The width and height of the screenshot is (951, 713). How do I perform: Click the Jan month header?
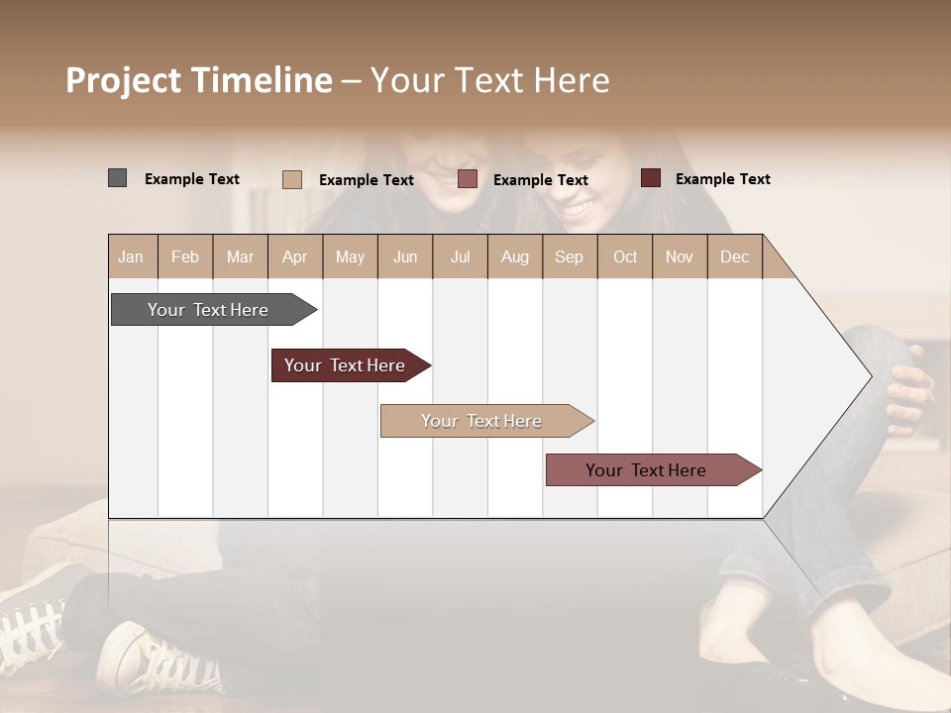click(132, 257)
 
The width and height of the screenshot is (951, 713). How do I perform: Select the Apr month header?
click(294, 257)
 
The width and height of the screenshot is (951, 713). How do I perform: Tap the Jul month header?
click(460, 257)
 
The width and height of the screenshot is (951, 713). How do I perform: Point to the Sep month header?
click(569, 257)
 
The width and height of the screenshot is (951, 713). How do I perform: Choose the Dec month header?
click(734, 257)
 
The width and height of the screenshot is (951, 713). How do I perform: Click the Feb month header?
click(185, 257)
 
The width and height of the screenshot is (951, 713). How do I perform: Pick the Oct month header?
click(625, 257)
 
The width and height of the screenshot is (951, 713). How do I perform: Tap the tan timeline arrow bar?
click(482, 421)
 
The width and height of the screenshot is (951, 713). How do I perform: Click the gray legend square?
click(117, 178)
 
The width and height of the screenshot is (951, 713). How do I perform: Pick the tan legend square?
click(292, 179)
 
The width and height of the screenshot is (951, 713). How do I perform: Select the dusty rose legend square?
click(468, 178)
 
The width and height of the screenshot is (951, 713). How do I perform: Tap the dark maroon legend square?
click(650, 178)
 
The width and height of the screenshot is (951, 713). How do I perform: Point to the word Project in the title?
click(122, 80)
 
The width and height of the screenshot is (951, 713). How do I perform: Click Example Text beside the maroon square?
click(722, 179)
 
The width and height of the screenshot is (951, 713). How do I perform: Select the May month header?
click(350, 257)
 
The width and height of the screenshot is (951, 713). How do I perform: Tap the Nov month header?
click(680, 257)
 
